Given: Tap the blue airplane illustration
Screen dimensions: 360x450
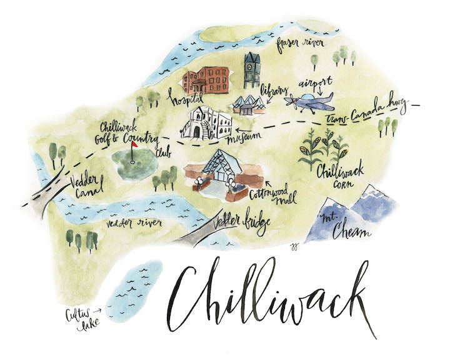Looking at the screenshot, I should (x=310, y=101).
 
